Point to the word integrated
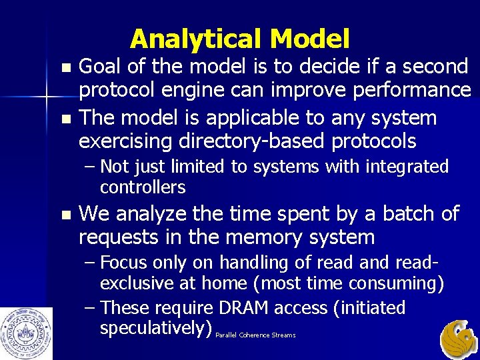coord(407,167)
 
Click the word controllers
coord(143,187)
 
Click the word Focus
coord(127,263)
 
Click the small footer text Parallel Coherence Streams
coord(256,335)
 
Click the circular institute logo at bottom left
coord(26,332)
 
